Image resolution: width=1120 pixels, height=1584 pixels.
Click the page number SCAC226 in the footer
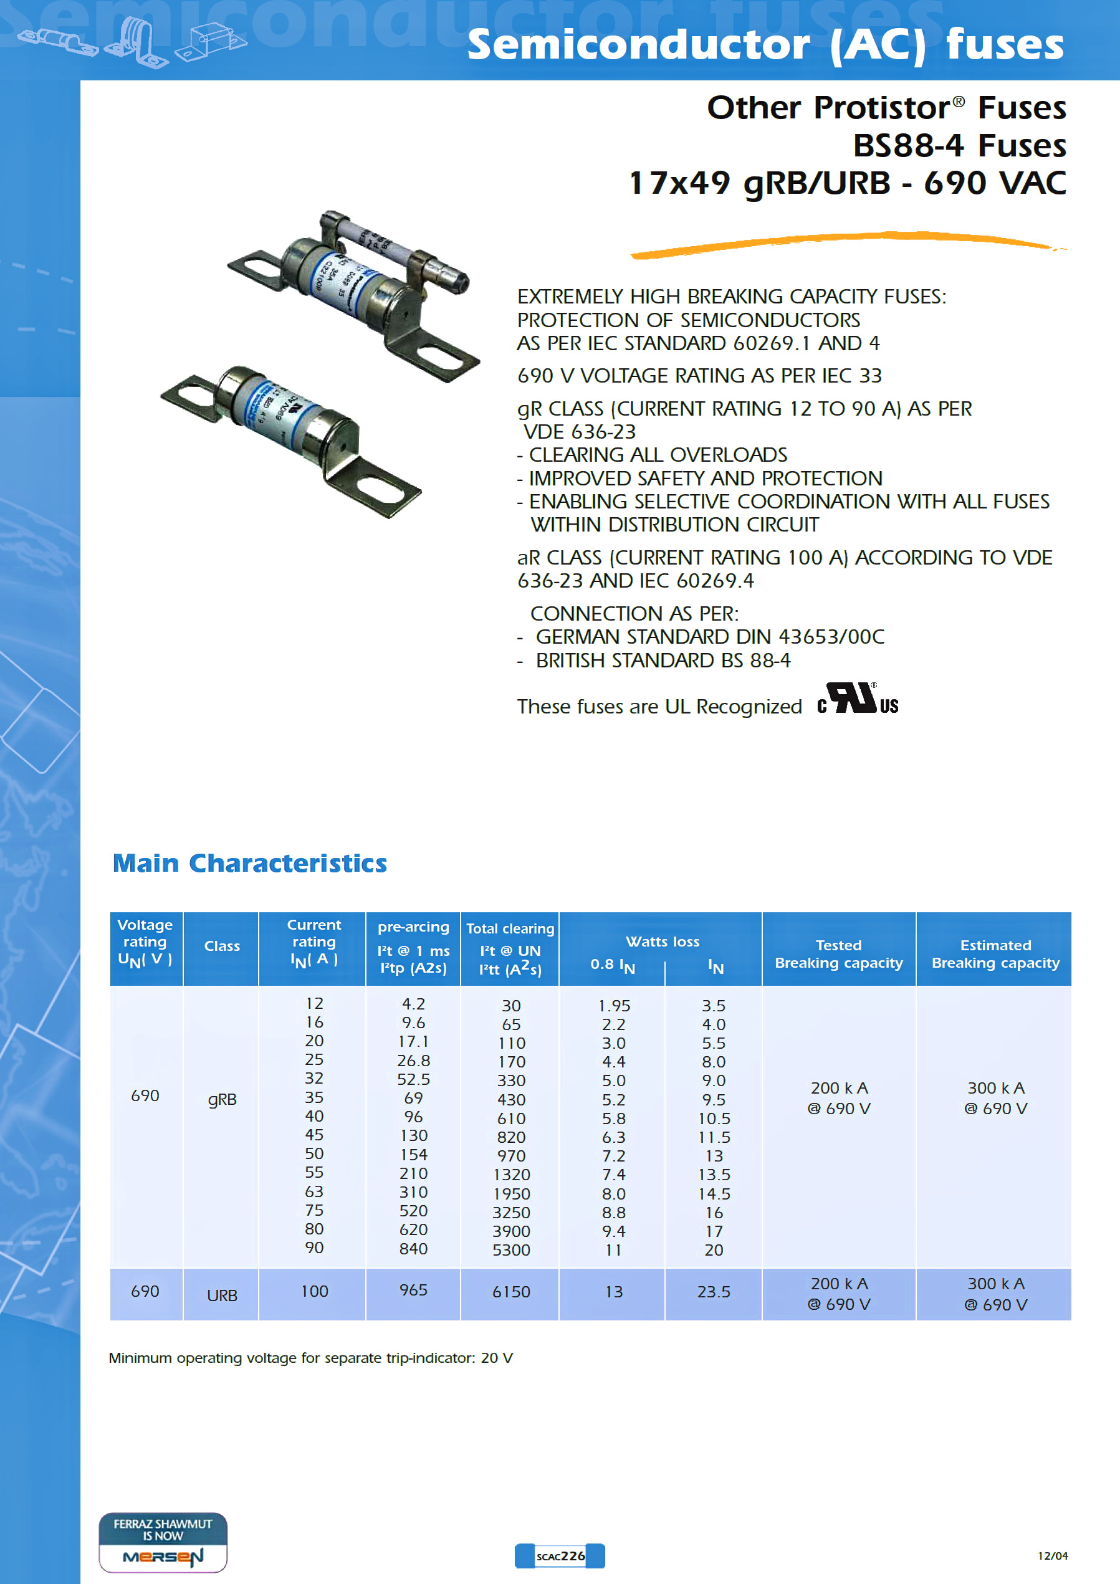pyautogui.click(x=560, y=1556)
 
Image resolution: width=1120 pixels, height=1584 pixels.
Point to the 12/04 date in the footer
pyautogui.click(x=1052, y=1556)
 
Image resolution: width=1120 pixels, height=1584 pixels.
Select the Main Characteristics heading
pyautogui.click(x=249, y=863)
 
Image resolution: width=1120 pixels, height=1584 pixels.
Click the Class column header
pyautogui.click(x=221, y=946)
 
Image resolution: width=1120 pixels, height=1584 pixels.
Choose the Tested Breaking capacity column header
pyautogui.click(x=838, y=953)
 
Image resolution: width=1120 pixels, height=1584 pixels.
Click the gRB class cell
pyautogui.click(x=221, y=1099)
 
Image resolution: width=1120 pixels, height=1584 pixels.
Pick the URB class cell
pyautogui.click(x=221, y=1295)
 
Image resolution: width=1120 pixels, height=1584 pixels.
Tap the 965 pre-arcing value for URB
pyautogui.click(x=413, y=1289)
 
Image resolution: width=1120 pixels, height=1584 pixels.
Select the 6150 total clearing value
pyautogui.click(x=510, y=1292)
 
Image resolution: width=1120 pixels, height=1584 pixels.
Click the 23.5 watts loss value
pyautogui.click(x=713, y=1292)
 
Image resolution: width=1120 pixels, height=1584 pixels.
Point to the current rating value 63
pyautogui.click(x=314, y=1191)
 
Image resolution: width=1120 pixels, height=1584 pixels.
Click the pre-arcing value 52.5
pyautogui.click(x=413, y=1079)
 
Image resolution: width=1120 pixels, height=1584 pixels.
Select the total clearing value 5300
pyautogui.click(x=510, y=1249)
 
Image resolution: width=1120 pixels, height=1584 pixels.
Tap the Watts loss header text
pyautogui.click(x=662, y=941)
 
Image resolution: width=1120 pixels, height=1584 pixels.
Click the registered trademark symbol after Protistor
pyautogui.click(x=959, y=102)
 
